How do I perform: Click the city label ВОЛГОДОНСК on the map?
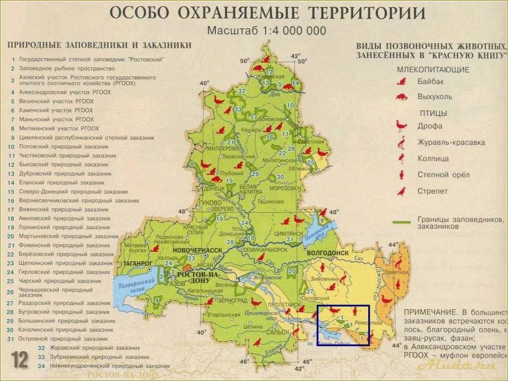[328, 252]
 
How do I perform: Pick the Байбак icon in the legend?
[401, 81]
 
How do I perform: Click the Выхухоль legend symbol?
[401, 97]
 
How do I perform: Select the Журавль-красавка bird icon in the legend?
[401, 142]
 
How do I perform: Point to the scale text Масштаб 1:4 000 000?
[266, 31]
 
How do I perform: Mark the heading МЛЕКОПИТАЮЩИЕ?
[433, 70]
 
